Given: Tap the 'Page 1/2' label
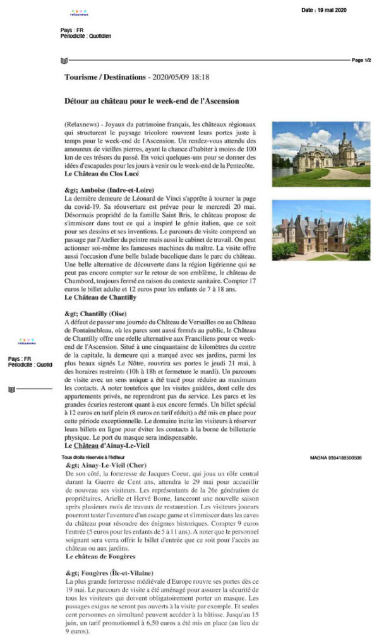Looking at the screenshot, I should (362, 60).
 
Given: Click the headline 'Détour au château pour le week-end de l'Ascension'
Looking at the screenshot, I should (160, 100).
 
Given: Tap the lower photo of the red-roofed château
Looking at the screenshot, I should (321, 230).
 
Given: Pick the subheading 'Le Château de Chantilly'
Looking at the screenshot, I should (100, 297).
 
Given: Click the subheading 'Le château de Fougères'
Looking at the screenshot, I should (100, 557).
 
